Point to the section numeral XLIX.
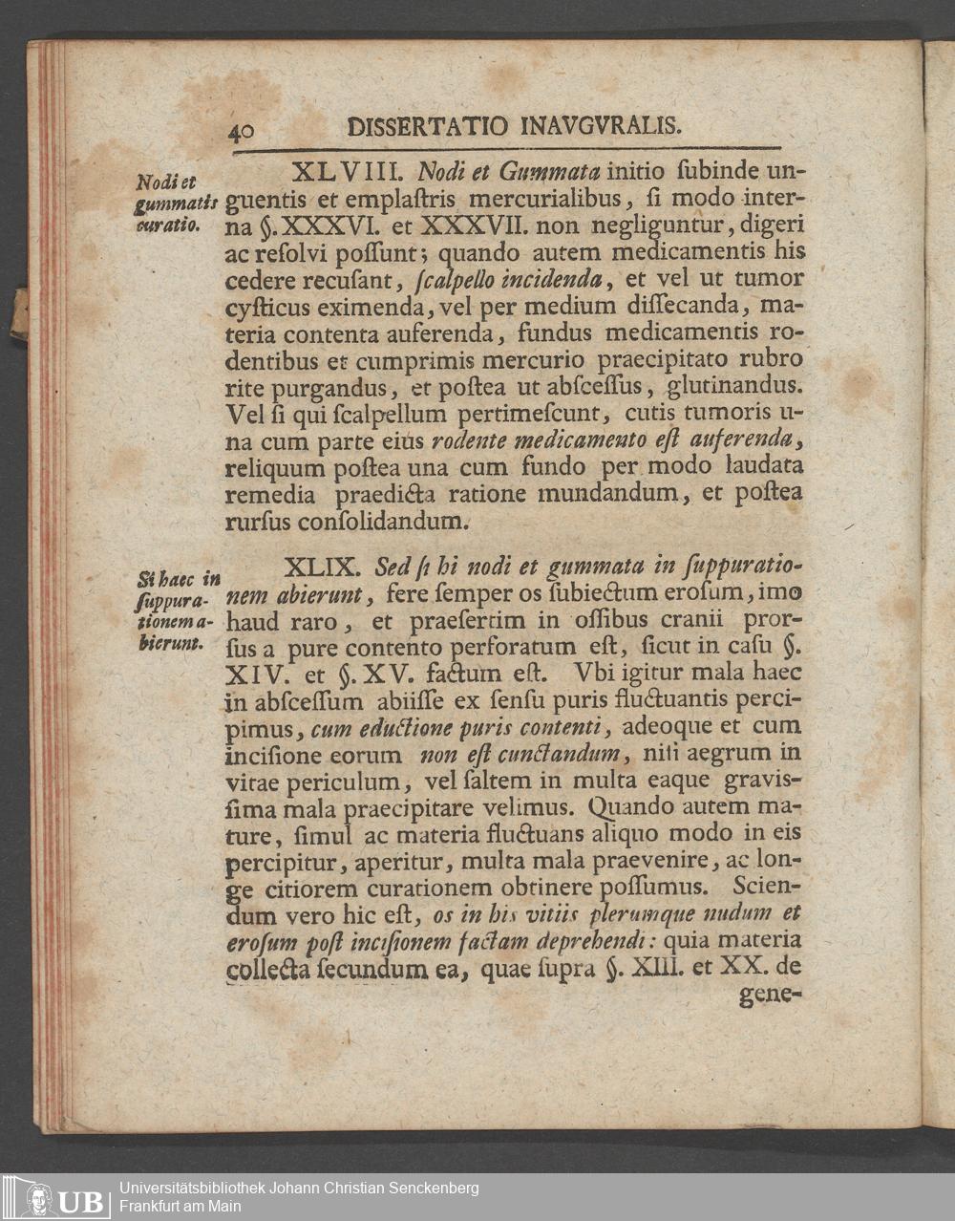tap(322, 567)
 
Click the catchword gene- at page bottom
tap(770, 994)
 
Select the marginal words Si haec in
tap(180, 579)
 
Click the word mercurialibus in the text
tap(546, 200)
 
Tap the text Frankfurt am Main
tap(180, 1207)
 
